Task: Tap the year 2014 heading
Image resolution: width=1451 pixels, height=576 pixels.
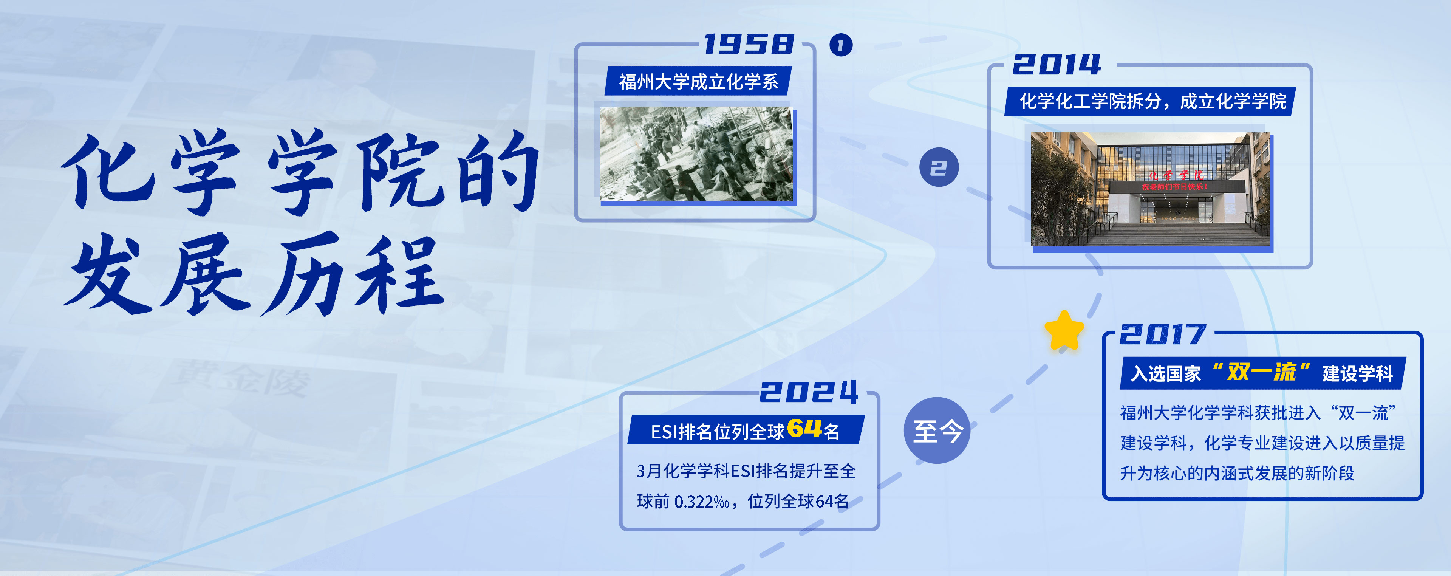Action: pyautogui.click(x=1057, y=64)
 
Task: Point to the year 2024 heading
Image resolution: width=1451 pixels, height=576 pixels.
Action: pyautogui.click(x=809, y=392)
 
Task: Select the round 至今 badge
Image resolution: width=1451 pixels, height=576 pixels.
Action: pyautogui.click(x=937, y=430)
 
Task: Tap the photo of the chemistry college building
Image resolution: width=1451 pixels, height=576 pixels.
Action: pyautogui.click(x=1150, y=189)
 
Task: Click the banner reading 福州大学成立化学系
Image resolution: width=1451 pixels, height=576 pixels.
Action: pyautogui.click(x=698, y=81)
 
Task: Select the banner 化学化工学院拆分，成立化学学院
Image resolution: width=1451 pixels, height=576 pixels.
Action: pyautogui.click(x=1151, y=101)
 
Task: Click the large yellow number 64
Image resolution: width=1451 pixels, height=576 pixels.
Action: pyautogui.click(x=805, y=428)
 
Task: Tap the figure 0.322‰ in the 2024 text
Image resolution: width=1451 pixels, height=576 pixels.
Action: pyautogui.click(x=702, y=501)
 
